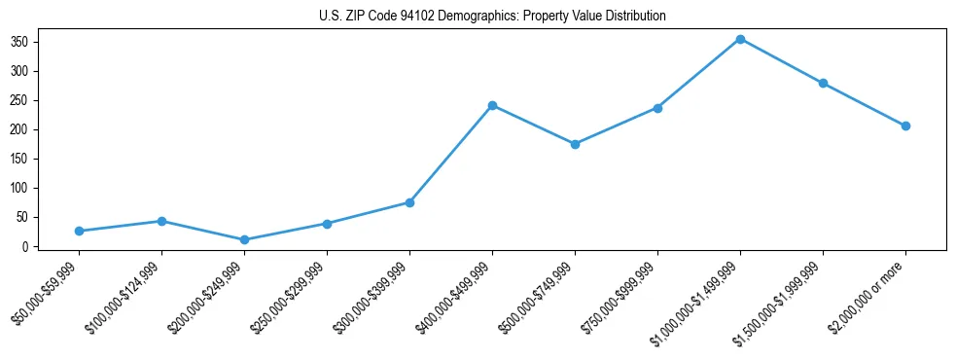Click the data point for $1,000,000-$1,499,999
[x=740, y=39]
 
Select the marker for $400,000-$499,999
[x=492, y=105]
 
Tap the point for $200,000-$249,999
[x=244, y=239]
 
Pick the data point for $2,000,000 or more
[x=905, y=126]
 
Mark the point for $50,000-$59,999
[x=79, y=231]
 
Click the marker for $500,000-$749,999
[x=575, y=144]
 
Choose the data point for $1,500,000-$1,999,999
[x=823, y=83]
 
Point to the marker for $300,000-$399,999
[x=409, y=202]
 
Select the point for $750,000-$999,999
[x=657, y=108]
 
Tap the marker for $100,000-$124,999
[x=161, y=221]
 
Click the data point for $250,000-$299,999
[x=327, y=224]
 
